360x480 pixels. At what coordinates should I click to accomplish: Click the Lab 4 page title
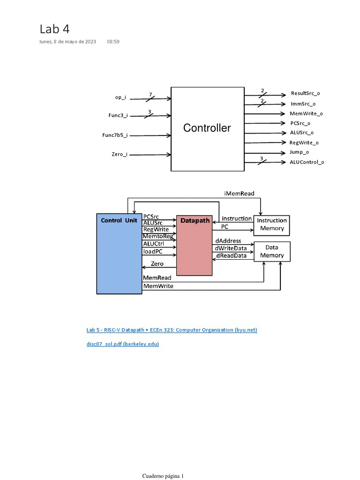tap(54, 29)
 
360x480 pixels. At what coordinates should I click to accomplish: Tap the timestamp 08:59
tap(113, 42)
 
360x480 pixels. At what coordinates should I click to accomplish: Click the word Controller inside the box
tap(207, 128)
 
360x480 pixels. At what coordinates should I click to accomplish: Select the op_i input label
tap(120, 97)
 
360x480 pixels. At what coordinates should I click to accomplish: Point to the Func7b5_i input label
tap(115, 135)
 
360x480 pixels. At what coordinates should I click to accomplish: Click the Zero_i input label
tap(119, 154)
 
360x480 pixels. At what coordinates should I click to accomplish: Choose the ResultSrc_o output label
tap(305, 93)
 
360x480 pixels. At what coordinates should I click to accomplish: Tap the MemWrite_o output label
tap(306, 113)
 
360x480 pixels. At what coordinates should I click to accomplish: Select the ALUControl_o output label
tap(307, 162)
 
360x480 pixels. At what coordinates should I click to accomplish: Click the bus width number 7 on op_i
tap(150, 94)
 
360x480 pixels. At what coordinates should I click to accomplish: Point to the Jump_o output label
tap(299, 152)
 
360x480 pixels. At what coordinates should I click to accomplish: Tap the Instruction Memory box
tap(272, 225)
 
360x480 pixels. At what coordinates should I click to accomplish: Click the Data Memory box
tap(272, 251)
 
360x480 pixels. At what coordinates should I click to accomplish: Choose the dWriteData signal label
tap(231, 248)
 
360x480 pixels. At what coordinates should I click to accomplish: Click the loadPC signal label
tap(152, 251)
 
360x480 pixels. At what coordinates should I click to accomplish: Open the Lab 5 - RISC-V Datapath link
tap(172, 330)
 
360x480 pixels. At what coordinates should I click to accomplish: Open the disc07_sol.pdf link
tap(123, 344)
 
